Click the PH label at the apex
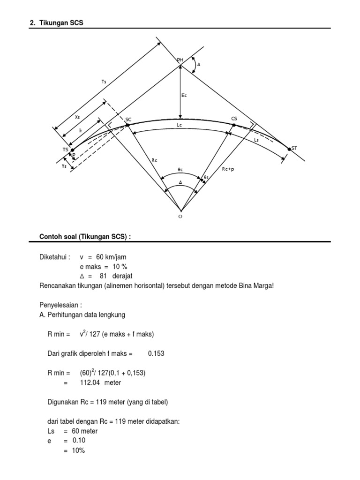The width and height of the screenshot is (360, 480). click(180, 60)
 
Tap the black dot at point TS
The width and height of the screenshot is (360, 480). click(72, 150)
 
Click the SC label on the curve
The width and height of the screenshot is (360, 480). click(127, 120)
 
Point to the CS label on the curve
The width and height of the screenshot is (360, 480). click(234, 119)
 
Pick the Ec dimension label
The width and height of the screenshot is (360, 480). click(184, 95)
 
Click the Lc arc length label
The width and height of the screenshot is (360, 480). click(179, 126)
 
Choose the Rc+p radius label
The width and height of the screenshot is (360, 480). click(228, 169)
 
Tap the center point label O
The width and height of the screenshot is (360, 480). click(180, 217)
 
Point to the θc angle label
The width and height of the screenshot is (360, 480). click(180, 169)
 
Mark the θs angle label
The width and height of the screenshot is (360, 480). click(206, 177)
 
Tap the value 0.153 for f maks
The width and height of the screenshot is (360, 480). click(156, 353)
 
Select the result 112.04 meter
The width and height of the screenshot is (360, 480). click(97, 382)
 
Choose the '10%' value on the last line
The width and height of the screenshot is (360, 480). click(79, 450)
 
